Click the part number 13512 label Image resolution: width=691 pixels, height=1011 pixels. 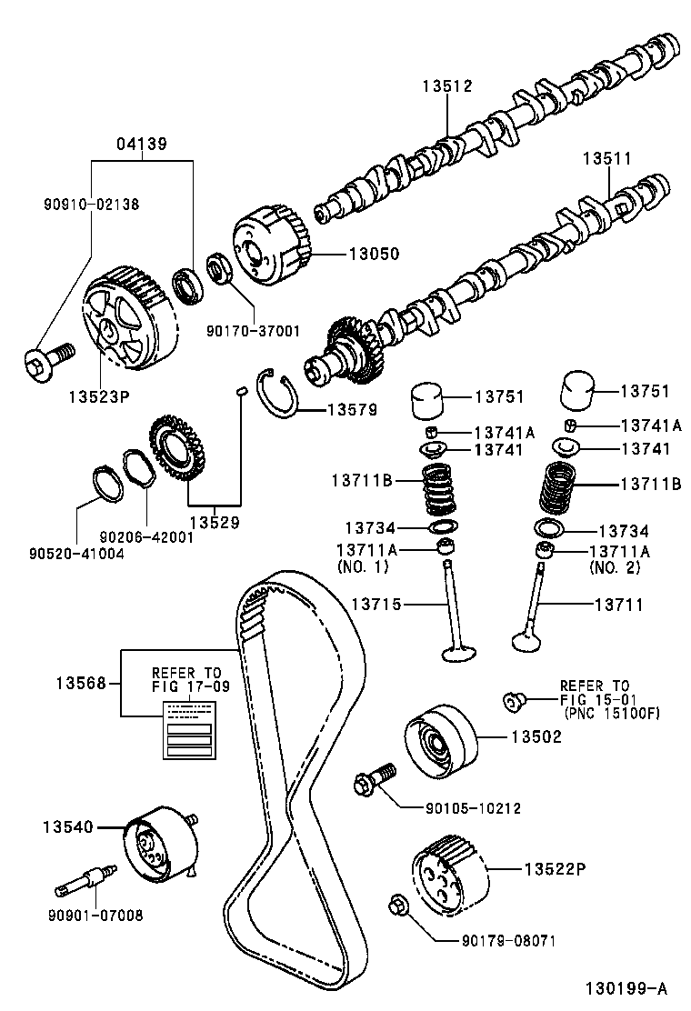(447, 87)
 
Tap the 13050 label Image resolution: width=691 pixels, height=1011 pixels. (374, 254)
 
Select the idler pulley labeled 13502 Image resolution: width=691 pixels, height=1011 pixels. (440, 742)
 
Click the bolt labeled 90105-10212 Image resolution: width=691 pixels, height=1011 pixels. (374, 777)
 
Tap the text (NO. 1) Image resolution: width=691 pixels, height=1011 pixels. (363, 566)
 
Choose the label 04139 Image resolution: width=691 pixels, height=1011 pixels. (141, 144)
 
